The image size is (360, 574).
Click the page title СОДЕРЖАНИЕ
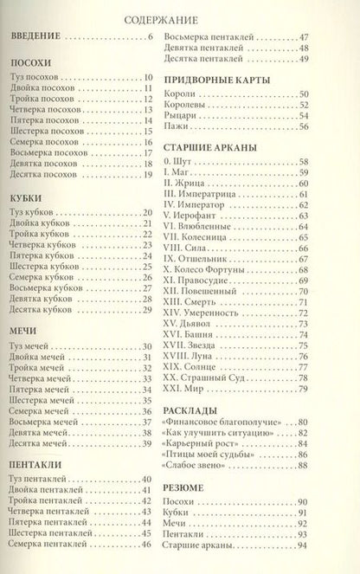(179, 17)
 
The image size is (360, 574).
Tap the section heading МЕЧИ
(22, 331)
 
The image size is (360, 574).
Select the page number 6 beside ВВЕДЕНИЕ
(150, 35)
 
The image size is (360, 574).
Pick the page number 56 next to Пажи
(328, 126)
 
